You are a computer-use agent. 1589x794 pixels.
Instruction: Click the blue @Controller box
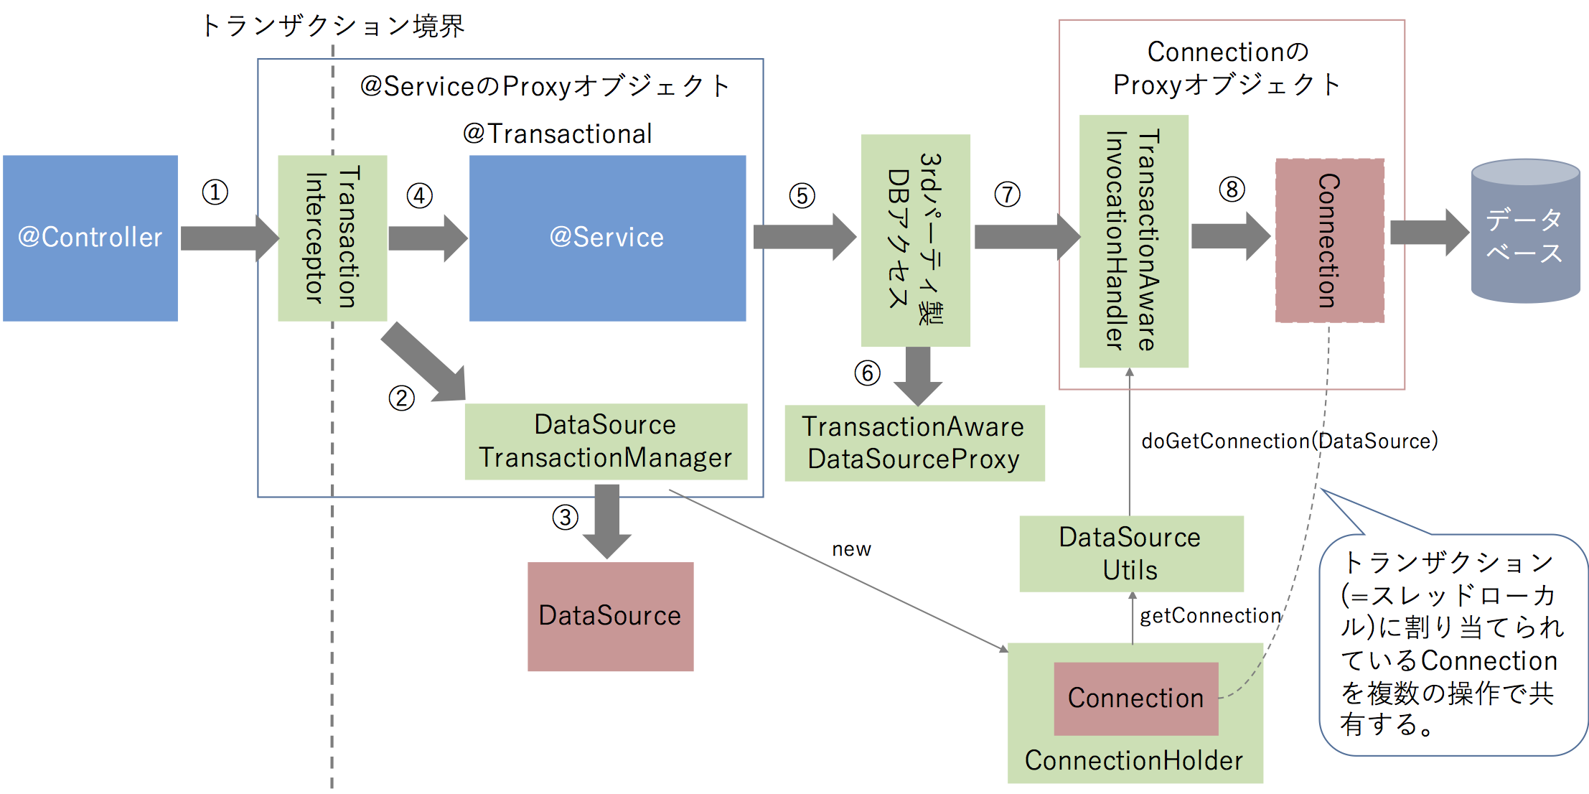click(90, 238)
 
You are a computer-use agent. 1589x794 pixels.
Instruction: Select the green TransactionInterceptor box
click(332, 238)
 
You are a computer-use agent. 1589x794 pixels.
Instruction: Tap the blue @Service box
click(607, 238)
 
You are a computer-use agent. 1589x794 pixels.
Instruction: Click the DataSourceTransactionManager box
click(606, 442)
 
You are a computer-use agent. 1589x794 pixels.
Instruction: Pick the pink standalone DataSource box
click(610, 616)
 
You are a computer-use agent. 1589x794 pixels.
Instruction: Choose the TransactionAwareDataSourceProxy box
click(914, 443)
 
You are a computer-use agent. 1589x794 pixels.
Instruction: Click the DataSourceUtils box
click(1130, 554)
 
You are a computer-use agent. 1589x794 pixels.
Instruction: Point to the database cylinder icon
click(1524, 231)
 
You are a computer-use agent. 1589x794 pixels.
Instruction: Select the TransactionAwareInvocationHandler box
click(1133, 241)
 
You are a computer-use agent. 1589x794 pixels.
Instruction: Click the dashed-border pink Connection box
click(1329, 241)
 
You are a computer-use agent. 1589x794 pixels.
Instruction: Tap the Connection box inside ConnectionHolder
click(1135, 698)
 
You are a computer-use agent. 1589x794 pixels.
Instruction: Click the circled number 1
click(215, 192)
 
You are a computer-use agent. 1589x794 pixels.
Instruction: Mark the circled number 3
click(565, 517)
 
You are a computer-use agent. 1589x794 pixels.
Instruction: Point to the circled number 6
click(867, 373)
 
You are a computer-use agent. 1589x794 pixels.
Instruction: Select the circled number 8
click(1232, 190)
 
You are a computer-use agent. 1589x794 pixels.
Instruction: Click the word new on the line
click(851, 549)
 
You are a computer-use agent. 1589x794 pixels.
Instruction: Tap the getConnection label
click(1210, 615)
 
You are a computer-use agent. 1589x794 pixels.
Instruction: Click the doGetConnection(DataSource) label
click(1289, 441)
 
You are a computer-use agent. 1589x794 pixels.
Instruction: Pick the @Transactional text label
click(557, 134)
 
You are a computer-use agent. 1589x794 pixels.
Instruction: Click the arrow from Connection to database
click(1428, 233)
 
